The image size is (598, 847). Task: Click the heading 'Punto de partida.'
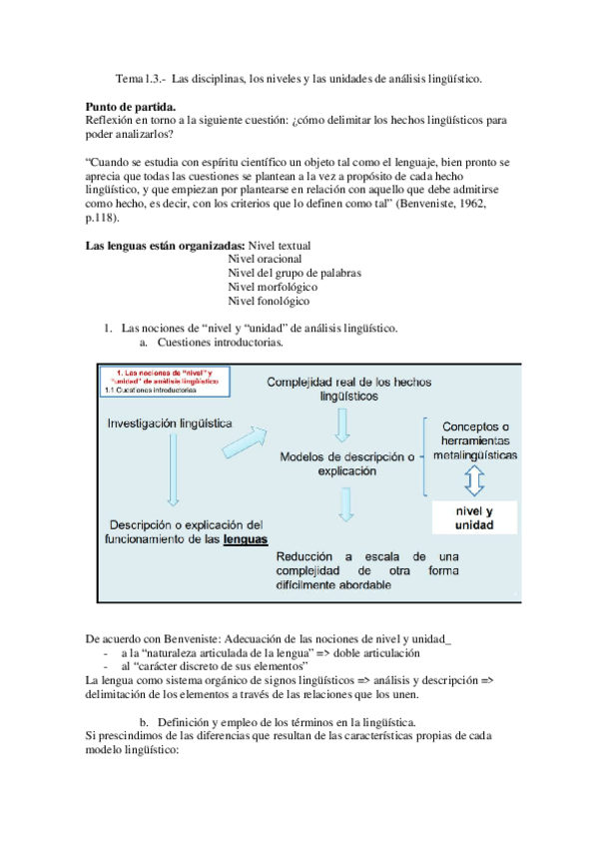[130, 106]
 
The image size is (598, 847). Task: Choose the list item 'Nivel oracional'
[265, 259]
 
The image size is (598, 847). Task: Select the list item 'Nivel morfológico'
[271, 287]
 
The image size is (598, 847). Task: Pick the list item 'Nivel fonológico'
[268, 301]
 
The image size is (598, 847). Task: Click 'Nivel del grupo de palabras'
[294, 273]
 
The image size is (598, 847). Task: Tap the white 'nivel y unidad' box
[473, 517]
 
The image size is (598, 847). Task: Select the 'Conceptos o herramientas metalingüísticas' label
[475, 413]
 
